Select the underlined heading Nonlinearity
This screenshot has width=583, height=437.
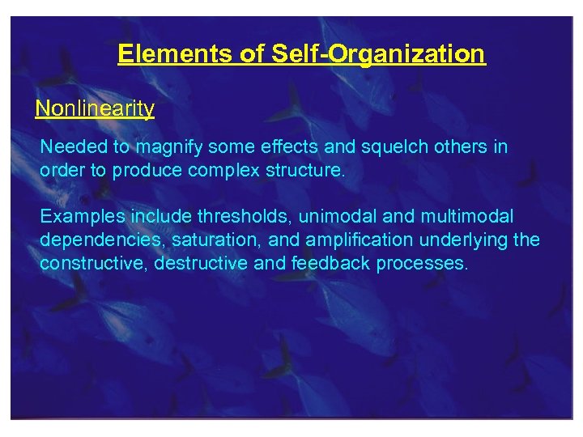95,108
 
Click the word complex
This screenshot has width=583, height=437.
223,172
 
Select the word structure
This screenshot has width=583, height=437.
303,172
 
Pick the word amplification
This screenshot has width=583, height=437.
359,241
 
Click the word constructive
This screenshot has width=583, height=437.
88,265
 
